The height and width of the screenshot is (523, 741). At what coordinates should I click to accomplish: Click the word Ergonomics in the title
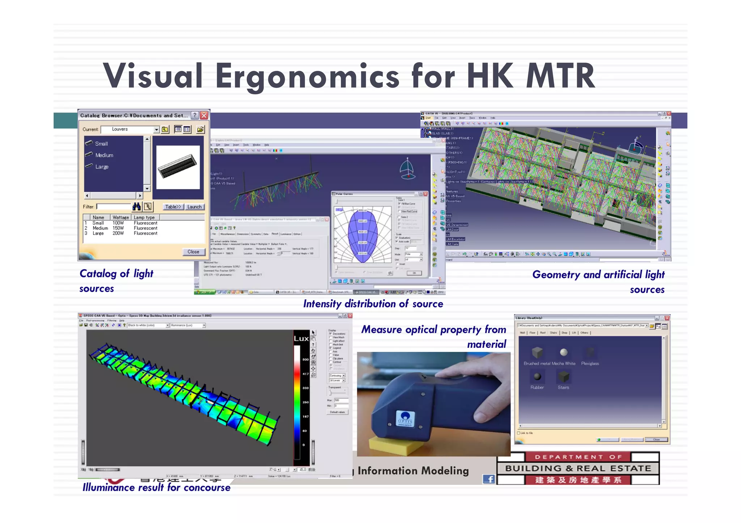click(x=308, y=77)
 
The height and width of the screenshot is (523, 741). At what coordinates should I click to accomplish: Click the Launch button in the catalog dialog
click(x=194, y=207)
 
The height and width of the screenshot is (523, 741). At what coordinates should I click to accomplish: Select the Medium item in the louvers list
click(x=104, y=155)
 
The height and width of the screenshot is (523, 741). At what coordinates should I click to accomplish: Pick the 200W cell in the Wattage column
click(x=118, y=233)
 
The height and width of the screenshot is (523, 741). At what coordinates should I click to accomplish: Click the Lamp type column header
click(x=144, y=217)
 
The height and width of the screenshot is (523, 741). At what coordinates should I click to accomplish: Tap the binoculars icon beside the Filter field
click(x=136, y=207)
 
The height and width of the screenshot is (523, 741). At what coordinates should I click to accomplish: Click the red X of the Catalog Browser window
click(x=204, y=115)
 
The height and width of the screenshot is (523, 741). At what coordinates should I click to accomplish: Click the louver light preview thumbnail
click(x=178, y=167)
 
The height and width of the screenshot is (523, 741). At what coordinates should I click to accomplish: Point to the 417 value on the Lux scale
click(x=306, y=374)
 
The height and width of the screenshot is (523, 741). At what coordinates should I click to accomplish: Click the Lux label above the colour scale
click(x=301, y=339)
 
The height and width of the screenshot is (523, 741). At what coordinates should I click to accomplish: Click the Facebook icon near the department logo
click(x=489, y=479)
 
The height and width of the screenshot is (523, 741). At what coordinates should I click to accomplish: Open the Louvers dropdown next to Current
click(x=156, y=129)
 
